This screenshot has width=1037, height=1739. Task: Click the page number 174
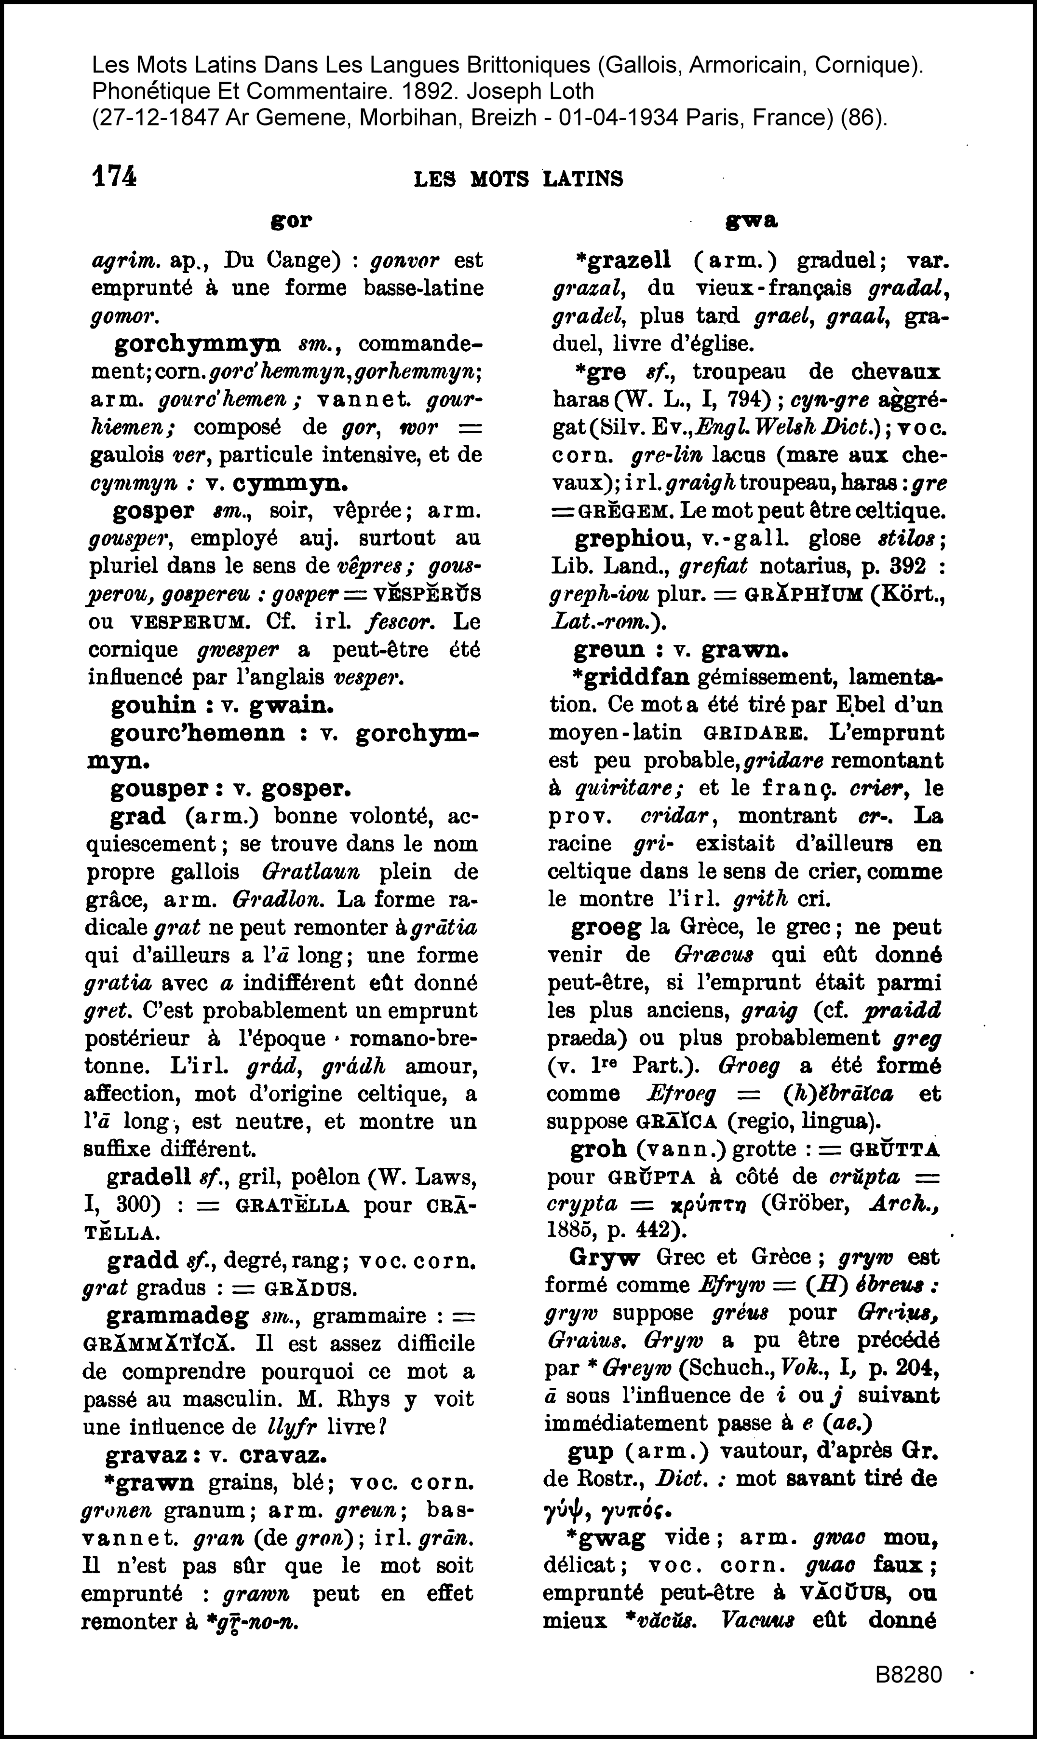point(114,177)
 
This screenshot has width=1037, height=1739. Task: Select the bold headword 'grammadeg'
point(177,1316)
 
